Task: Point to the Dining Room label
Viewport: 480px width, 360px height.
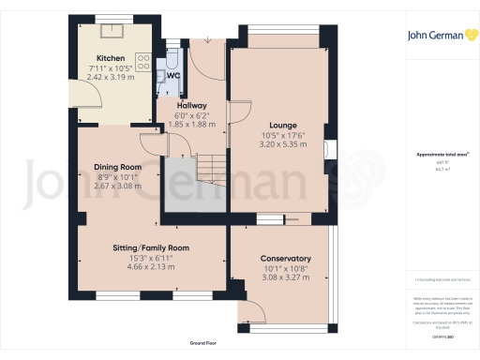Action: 118,167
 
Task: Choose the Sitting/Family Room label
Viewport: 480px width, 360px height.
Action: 151,247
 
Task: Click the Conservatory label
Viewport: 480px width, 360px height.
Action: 286,259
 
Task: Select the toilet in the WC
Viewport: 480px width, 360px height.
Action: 172,63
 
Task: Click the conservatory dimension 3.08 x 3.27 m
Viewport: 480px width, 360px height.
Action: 286,278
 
